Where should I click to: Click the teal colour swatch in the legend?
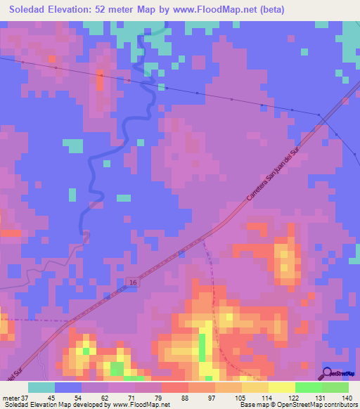[x=41, y=387]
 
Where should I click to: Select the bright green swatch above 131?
[x=309, y=387]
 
